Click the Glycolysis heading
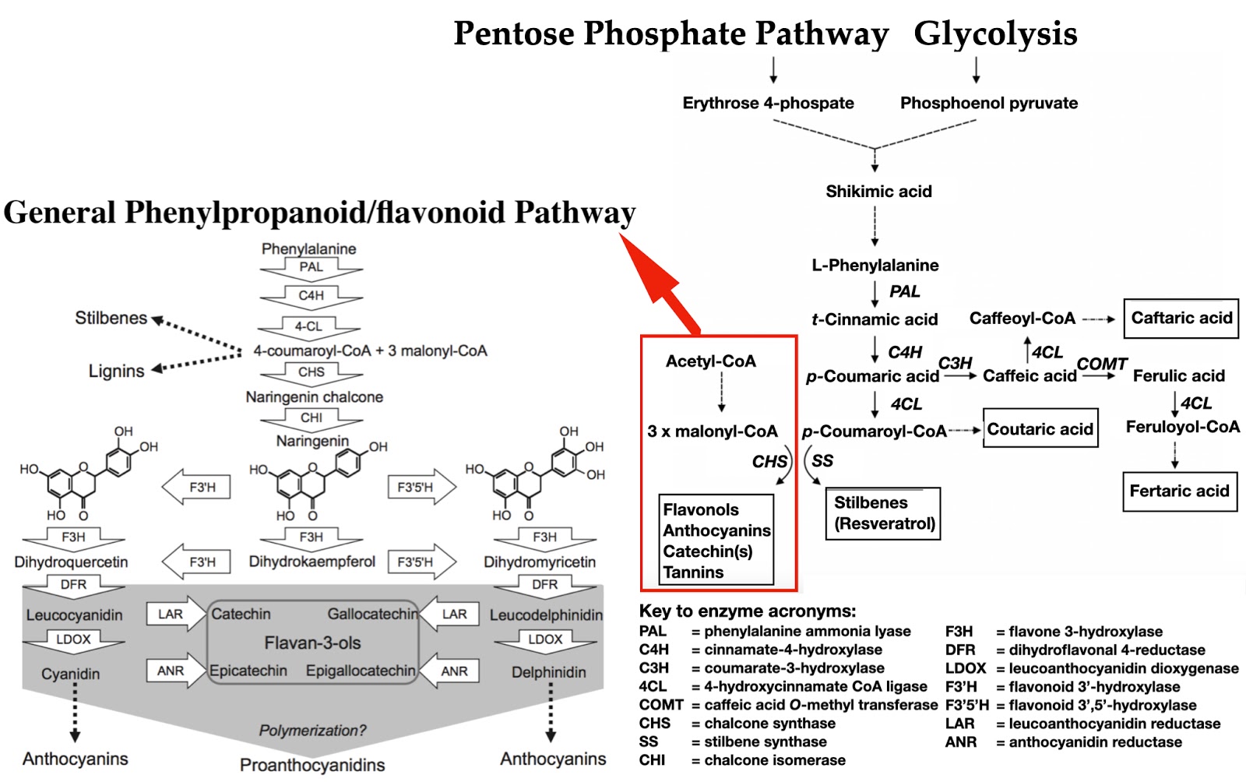(994, 33)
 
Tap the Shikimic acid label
(878, 192)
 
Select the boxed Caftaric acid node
(1181, 318)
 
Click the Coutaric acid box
(1040, 429)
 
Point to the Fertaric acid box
(1179, 491)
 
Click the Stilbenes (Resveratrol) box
(884, 513)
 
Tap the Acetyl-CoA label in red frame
(710, 361)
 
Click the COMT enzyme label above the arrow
(1101, 364)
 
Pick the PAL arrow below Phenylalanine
(311, 268)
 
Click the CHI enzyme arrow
(311, 419)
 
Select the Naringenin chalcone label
(314, 397)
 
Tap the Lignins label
(116, 372)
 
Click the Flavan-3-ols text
(312, 643)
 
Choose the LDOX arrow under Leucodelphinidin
(544, 640)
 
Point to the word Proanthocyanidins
(311, 765)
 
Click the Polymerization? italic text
(312, 731)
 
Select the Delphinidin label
(548, 672)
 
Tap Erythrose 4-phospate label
(768, 104)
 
